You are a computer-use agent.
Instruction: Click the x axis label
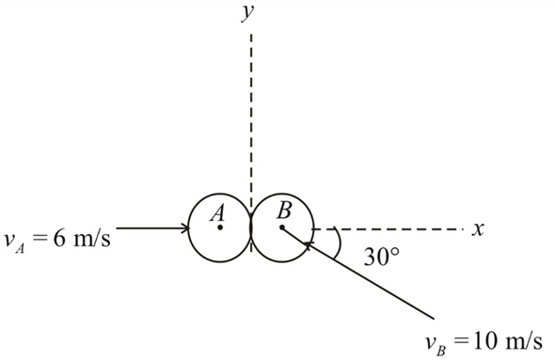tap(477, 227)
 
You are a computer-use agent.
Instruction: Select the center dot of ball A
tap(220, 227)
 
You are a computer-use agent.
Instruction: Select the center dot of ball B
tap(281, 227)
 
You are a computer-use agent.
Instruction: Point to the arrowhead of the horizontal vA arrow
tap(183, 227)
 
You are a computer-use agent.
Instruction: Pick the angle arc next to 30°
tap(336, 243)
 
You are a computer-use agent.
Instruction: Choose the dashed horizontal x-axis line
tap(395, 227)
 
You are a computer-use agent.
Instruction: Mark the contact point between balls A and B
tap(250, 227)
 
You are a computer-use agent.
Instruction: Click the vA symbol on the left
tap(13, 242)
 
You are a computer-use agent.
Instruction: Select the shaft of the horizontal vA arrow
tap(151, 227)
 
